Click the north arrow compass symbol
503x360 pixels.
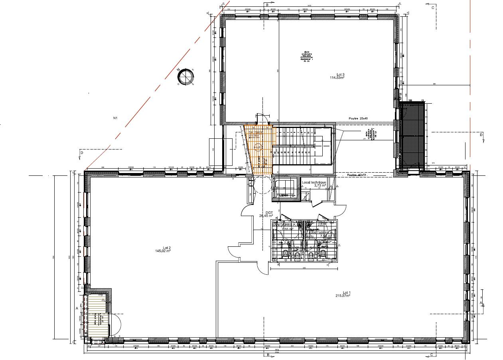coord(186,77)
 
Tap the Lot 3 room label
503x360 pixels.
coord(340,75)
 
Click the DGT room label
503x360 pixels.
coord(269,212)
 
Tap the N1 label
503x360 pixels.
coord(116,118)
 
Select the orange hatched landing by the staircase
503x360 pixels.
coord(259,150)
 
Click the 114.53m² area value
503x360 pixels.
coord(337,78)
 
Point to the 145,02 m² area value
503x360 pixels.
coord(163,251)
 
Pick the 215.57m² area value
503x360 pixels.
coord(343,296)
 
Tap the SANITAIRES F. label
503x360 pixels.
coord(284,225)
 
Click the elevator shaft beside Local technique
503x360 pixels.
coord(285,188)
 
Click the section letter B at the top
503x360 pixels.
coord(268,5)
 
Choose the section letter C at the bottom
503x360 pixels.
coord(432,354)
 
